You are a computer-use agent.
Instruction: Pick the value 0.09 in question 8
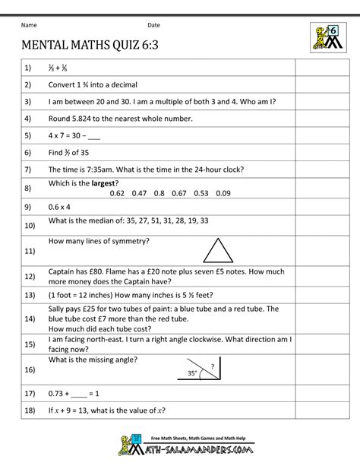pyautogui.click(x=223, y=192)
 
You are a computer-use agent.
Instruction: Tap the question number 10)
pyautogui.click(x=30, y=226)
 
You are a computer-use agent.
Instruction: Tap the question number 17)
pyautogui.click(x=30, y=395)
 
